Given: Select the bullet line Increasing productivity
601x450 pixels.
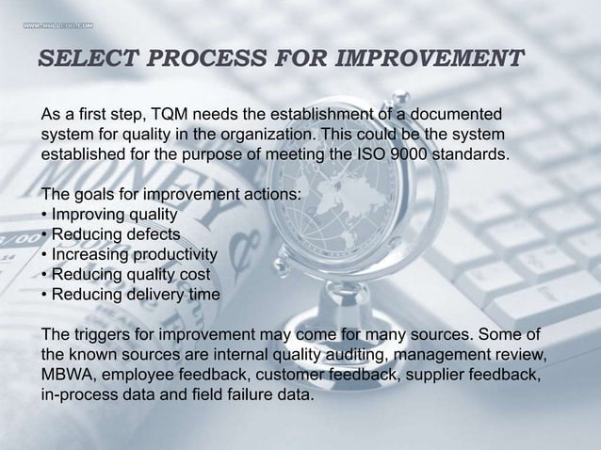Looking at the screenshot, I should (x=129, y=254).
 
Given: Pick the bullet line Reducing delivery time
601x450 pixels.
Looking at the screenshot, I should (x=131, y=294).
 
